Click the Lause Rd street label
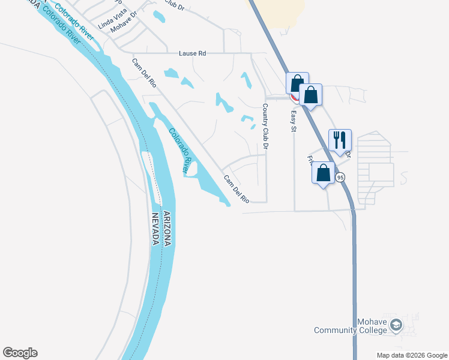coord(192,53)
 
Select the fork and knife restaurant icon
coord(340,140)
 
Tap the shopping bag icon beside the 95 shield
coord(323,173)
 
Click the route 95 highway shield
coord(340,177)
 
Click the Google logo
coord(20,353)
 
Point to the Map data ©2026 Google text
coord(411,355)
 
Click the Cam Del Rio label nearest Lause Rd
coord(145,73)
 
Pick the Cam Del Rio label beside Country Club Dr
coord(237,188)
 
